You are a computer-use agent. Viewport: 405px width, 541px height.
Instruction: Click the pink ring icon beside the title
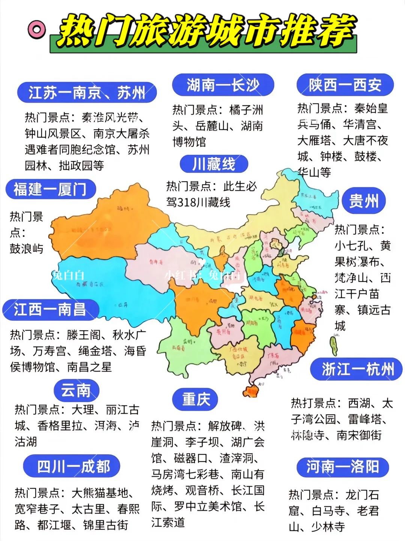[37, 29]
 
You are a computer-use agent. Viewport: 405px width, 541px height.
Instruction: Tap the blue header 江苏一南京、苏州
[87, 92]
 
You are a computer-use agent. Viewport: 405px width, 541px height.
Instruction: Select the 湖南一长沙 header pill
[223, 85]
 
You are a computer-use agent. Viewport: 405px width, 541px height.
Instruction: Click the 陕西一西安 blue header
[345, 85]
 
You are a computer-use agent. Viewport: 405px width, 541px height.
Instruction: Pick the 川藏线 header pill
[214, 164]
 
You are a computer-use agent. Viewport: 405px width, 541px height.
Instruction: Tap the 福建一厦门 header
[51, 189]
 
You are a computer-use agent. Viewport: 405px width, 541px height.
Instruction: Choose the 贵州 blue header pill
[364, 201]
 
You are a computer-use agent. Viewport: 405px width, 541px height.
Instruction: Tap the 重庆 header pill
[195, 399]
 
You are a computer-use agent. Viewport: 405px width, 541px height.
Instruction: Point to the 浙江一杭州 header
[356, 369]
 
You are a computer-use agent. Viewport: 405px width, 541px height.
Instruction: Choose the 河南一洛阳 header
[342, 467]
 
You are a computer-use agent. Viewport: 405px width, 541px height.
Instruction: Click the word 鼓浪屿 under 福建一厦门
[26, 249]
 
